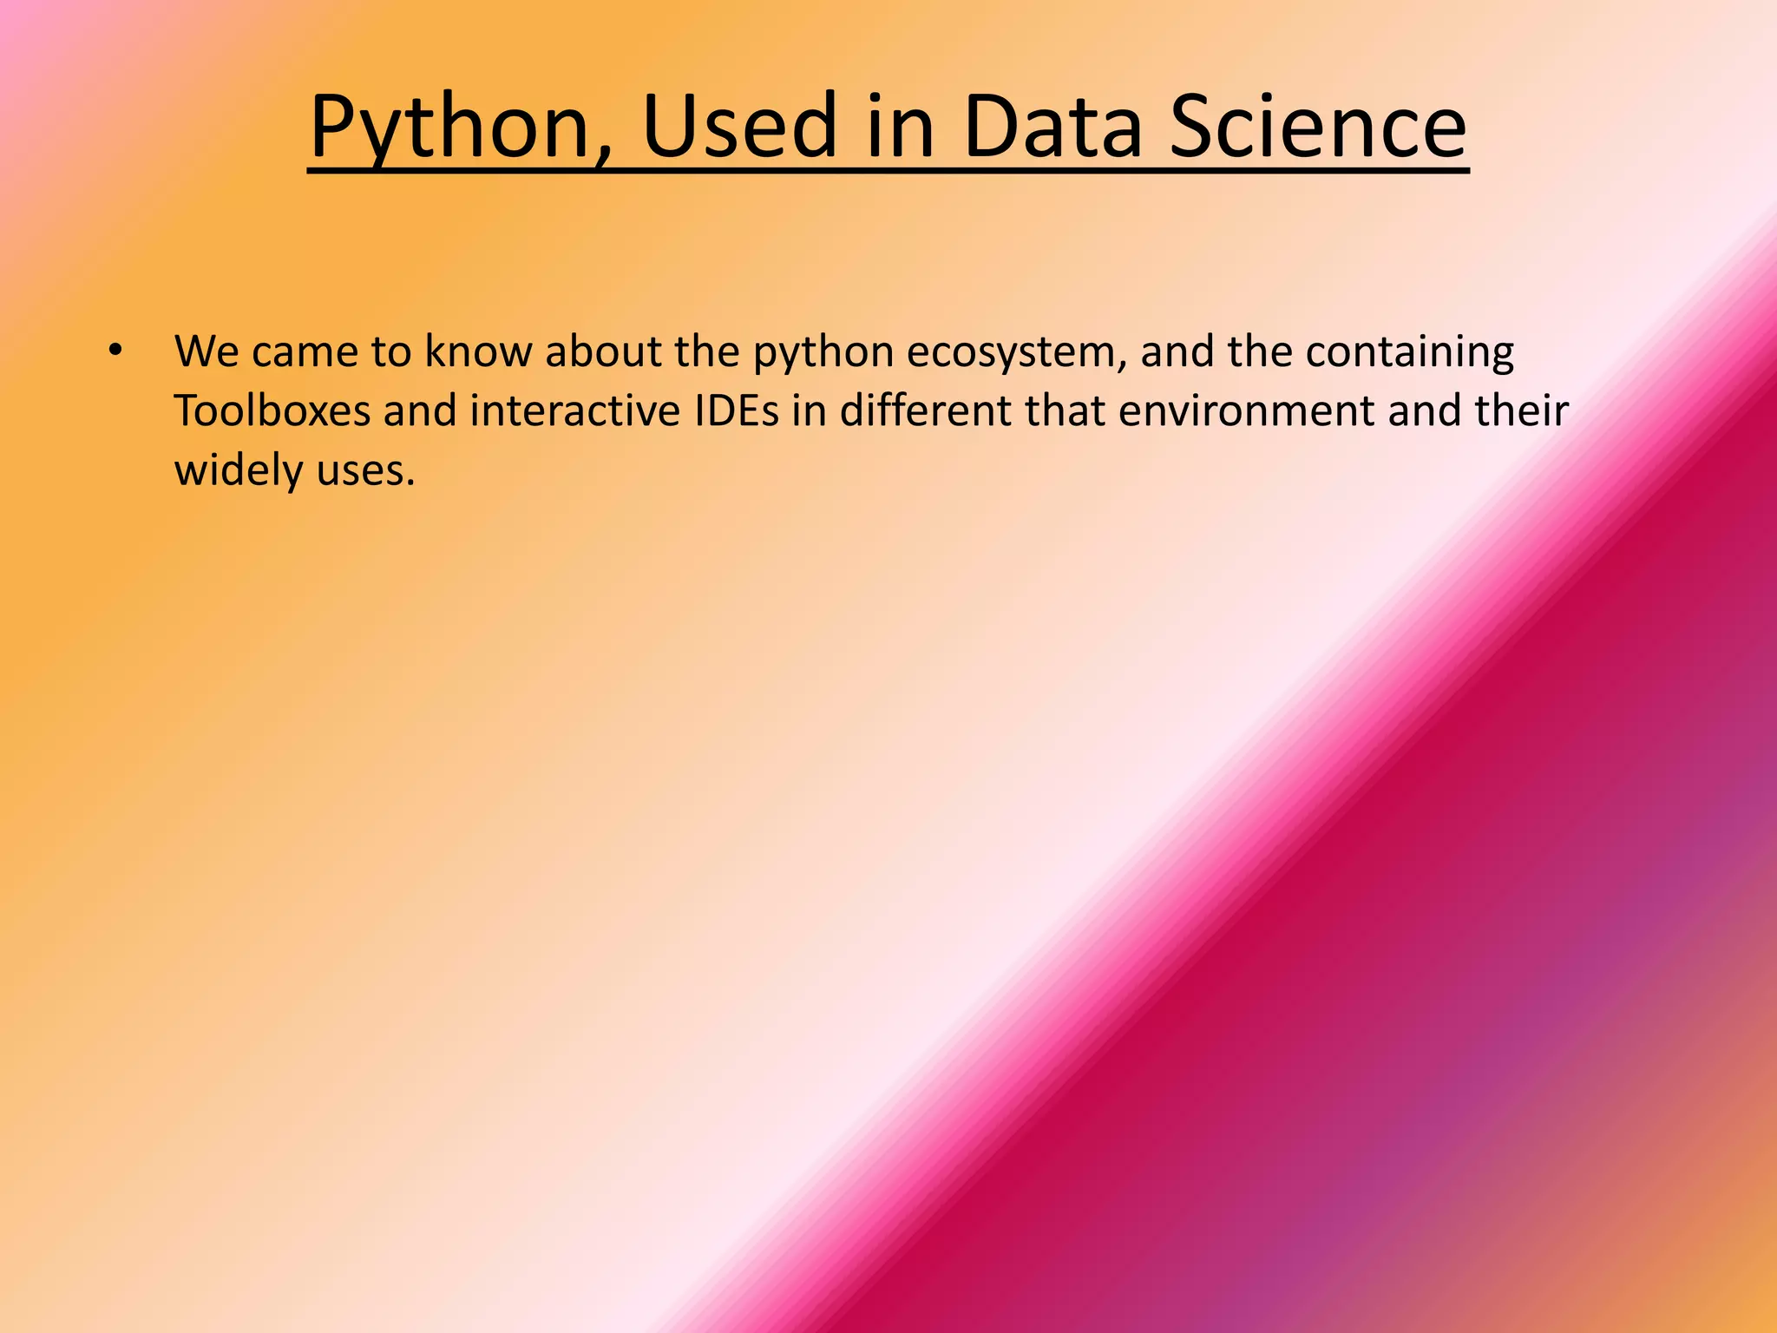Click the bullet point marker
coord(115,352)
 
